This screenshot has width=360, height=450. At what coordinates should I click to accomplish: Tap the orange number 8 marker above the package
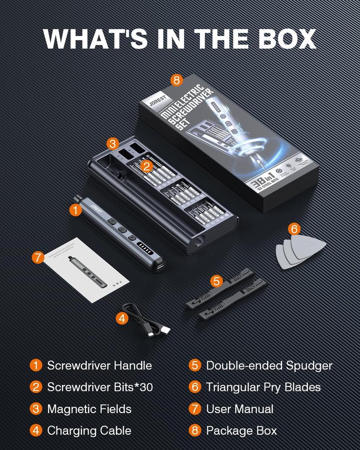(x=176, y=81)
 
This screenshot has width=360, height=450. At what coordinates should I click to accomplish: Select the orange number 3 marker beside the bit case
(x=113, y=144)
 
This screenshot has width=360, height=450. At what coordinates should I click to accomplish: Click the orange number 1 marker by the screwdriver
(x=76, y=209)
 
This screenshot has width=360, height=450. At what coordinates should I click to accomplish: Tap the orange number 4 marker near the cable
(x=122, y=318)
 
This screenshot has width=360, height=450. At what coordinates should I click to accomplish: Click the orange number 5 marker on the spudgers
(x=217, y=282)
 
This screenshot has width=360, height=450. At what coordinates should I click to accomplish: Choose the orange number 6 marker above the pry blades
(x=294, y=229)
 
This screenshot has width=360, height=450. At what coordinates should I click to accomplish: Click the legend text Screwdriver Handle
(x=99, y=365)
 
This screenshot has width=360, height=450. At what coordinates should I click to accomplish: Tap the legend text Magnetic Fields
(x=89, y=409)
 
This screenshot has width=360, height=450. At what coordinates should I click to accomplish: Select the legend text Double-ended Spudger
(x=269, y=365)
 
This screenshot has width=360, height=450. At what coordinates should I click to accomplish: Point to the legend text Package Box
(x=241, y=430)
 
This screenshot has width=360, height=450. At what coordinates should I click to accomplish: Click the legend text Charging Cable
(x=89, y=430)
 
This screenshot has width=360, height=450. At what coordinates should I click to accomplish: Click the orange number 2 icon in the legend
(x=36, y=387)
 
